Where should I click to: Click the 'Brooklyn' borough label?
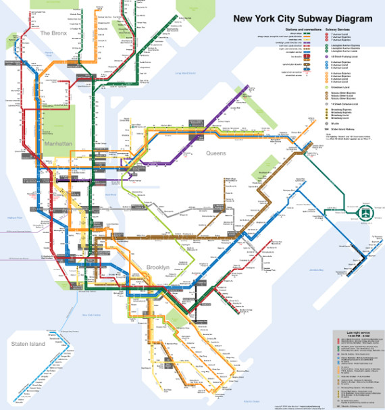(x=158, y=269)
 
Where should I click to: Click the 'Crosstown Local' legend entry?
(x=336, y=87)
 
